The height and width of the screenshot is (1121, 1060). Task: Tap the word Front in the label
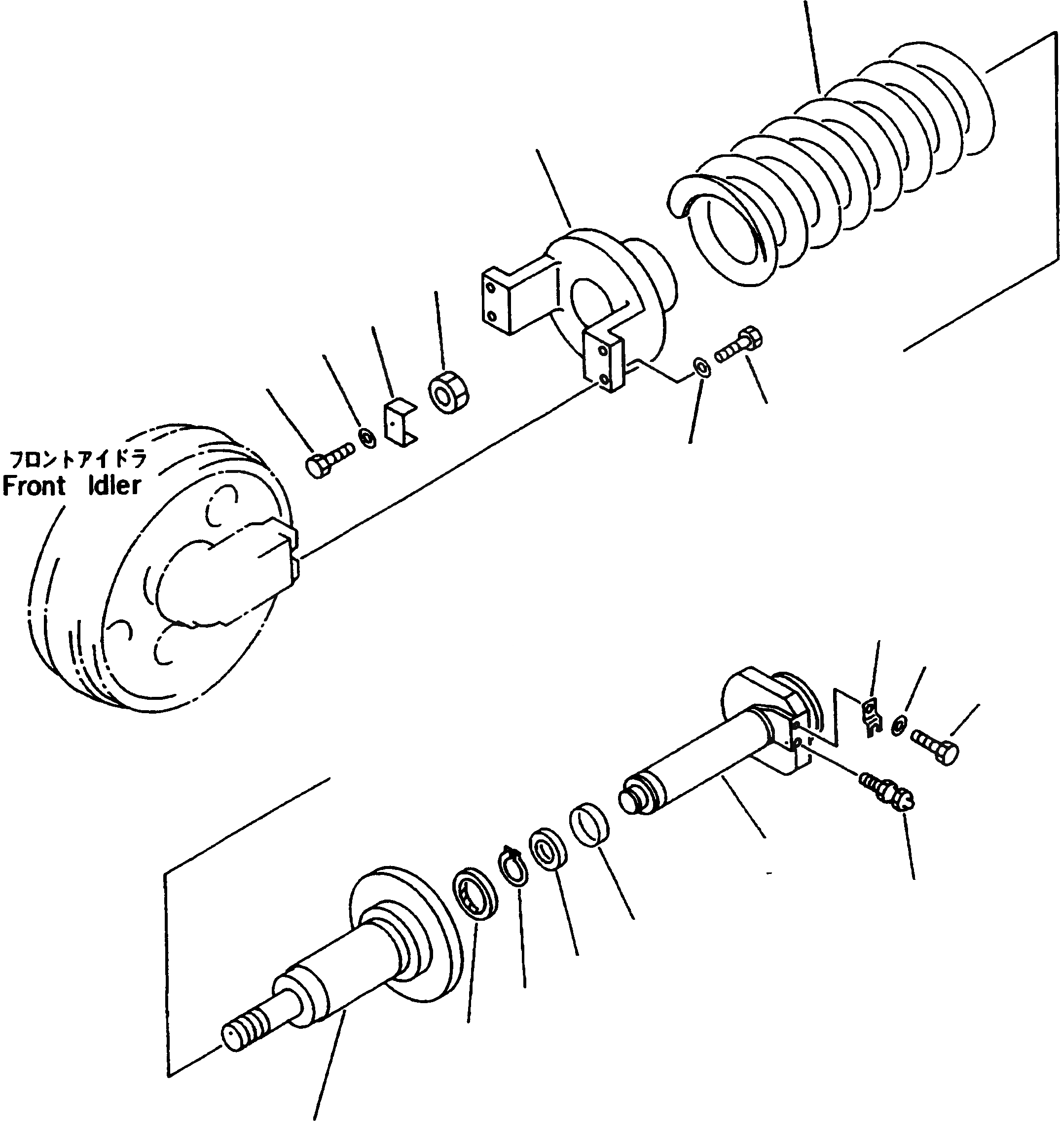coord(34,485)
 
